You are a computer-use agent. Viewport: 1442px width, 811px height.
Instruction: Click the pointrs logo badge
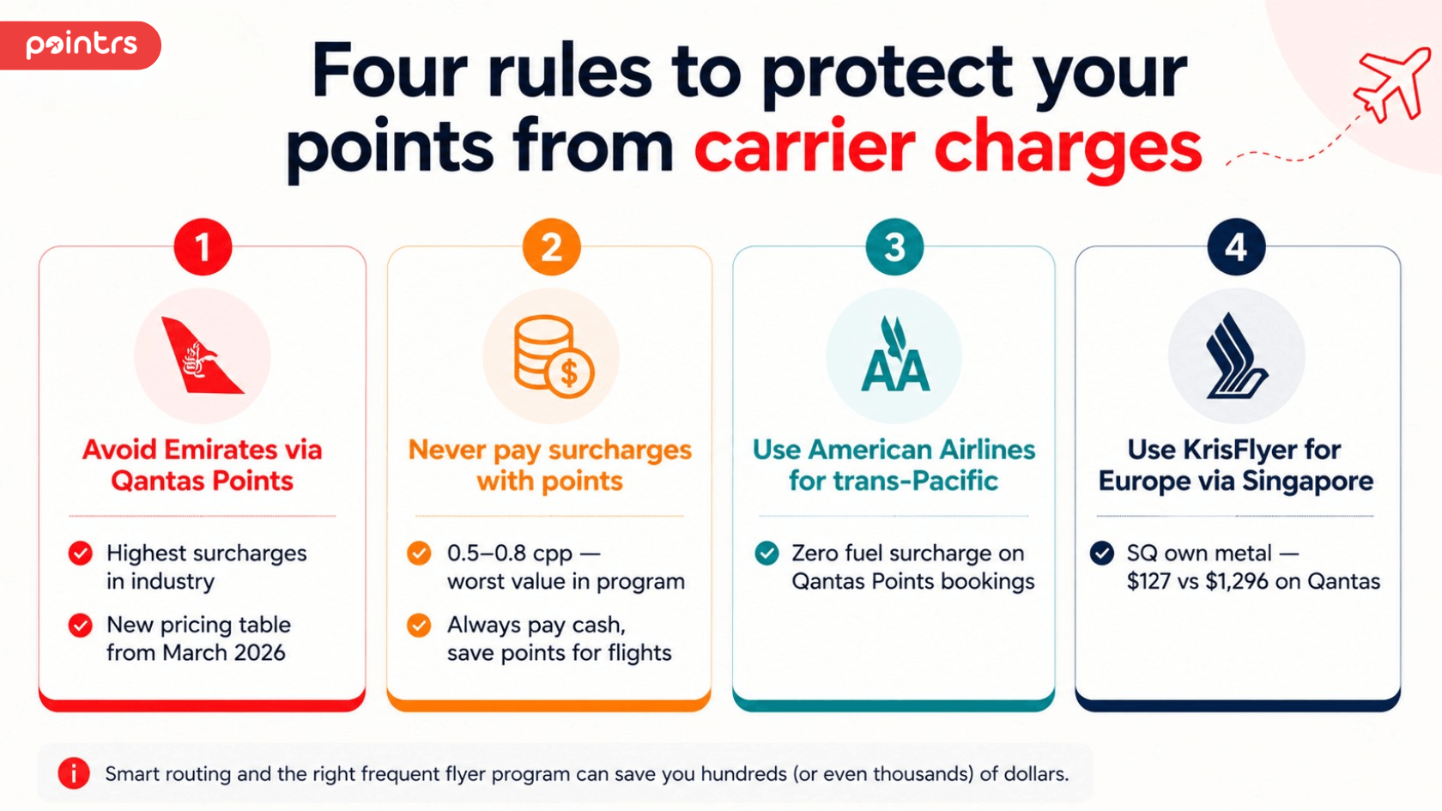[x=80, y=45]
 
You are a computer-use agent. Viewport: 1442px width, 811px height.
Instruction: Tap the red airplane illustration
[x=1391, y=84]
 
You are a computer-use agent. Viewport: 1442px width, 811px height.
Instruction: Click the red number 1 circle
[x=203, y=247]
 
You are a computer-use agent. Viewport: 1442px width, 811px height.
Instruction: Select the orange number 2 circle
[x=552, y=247]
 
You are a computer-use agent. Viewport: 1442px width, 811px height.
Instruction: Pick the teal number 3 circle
[x=894, y=247]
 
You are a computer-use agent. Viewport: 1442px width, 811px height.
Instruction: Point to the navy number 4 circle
[x=1236, y=247]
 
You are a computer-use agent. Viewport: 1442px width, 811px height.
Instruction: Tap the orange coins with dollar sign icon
[x=554, y=356]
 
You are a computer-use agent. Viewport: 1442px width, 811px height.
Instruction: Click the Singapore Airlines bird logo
[x=1236, y=355]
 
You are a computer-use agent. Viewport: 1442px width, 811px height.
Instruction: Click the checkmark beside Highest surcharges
[x=81, y=554]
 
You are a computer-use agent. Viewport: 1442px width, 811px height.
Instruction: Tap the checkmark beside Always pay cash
[x=419, y=625]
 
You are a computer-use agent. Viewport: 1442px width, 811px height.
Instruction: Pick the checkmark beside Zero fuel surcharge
[x=766, y=554]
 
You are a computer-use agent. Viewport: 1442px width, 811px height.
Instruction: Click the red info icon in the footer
[x=74, y=773]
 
